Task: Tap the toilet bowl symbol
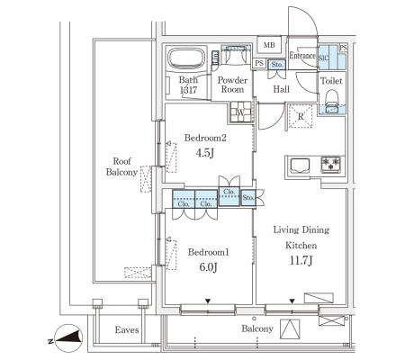332,102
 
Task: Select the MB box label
269,45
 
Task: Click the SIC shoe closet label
323,58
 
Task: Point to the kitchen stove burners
331,164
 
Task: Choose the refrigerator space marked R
301,116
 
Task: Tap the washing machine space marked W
241,112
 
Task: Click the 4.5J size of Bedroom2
204,153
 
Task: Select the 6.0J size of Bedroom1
208,266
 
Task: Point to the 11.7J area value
301,261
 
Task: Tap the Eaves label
127,330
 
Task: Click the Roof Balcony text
121,166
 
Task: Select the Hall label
281,89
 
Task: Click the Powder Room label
232,85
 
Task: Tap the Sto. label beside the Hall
276,65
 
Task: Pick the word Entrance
302,56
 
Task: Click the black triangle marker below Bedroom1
208,301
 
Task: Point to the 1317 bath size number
188,90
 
